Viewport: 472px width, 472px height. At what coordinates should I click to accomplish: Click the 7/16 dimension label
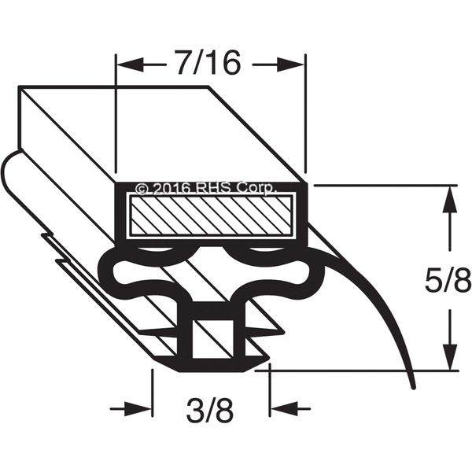(x=209, y=63)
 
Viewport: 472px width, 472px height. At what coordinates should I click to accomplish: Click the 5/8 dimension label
(x=448, y=279)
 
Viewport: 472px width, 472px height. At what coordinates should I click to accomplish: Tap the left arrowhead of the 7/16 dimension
(x=130, y=65)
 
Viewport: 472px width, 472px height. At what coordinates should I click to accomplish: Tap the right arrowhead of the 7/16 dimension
(x=289, y=65)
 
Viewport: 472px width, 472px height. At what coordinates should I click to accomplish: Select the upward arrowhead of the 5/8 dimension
(x=450, y=200)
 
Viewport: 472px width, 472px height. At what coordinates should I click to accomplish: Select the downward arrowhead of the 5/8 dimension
(x=450, y=356)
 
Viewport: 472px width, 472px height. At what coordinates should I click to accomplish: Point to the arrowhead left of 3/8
(x=138, y=409)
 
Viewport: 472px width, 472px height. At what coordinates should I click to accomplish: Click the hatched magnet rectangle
(x=212, y=215)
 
